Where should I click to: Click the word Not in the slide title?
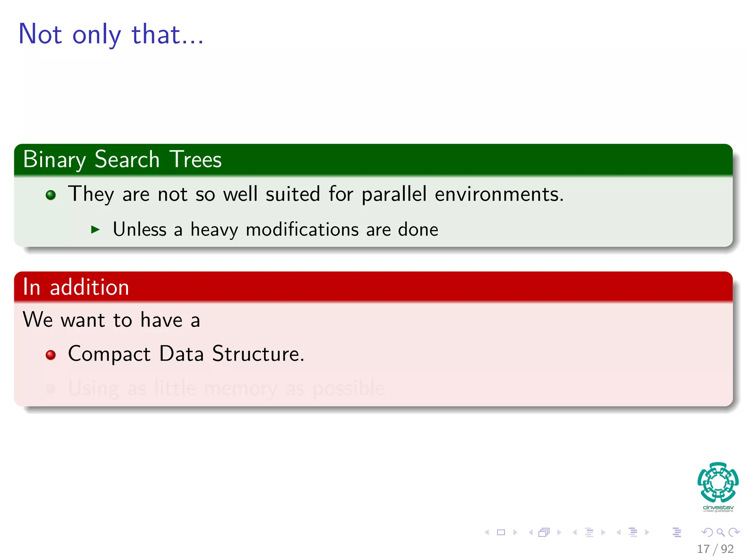point(40,34)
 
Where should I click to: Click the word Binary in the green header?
point(54,160)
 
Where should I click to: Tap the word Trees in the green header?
point(196,160)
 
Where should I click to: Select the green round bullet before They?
point(51,195)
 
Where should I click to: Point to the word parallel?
point(394,194)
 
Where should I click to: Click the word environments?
point(499,194)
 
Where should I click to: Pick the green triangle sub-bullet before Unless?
point(95,229)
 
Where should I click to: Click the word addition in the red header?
point(89,287)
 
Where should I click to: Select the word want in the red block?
point(83,320)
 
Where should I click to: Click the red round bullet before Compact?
point(51,355)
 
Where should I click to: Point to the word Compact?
point(109,354)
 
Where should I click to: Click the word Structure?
point(258,354)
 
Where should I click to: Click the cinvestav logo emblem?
point(718,482)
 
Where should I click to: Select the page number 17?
point(703,549)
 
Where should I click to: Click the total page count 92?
point(727,549)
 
